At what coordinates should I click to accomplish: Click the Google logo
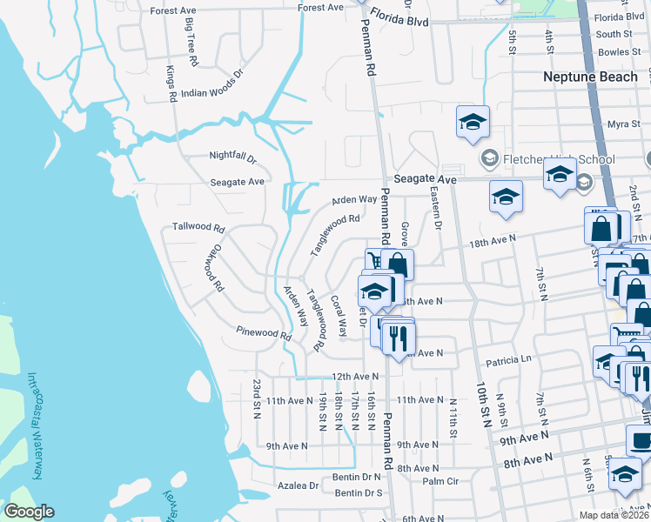coord(28,512)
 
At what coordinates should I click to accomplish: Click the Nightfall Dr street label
coord(232,157)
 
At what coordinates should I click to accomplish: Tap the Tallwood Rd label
coord(198,226)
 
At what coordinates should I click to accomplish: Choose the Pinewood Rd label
coord(263,332)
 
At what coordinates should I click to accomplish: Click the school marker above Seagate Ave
coord(472,123)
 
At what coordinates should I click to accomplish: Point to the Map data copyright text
coord(614,515)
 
